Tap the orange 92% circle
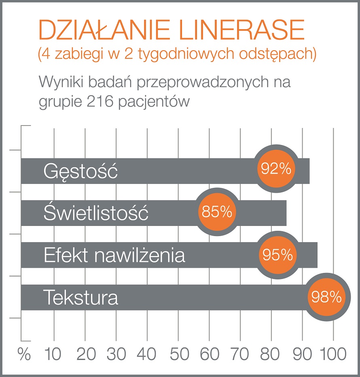point(276,168)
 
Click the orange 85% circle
point(217,211)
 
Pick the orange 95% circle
point(277,255)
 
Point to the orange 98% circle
point(326,297)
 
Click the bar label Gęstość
point(80,172)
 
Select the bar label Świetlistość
point(96,213)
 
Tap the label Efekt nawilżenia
point(114,256)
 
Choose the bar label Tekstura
point(80,298)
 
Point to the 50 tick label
point(178,354)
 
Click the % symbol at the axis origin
point(24,354)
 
